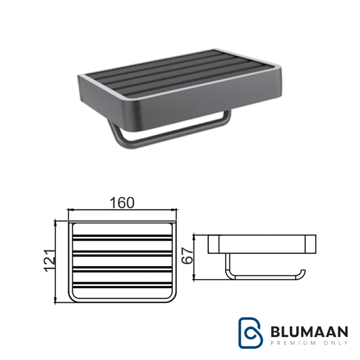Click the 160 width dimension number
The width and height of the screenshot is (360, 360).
tap(122, 203)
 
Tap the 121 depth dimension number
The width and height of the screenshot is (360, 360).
tap(50, 261)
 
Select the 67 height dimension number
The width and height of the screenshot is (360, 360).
tap(187, 256)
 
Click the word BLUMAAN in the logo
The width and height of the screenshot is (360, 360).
tap(309, 332)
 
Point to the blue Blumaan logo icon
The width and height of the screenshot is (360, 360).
tap(251, 333)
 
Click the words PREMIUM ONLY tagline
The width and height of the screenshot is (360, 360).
tap(309, 343)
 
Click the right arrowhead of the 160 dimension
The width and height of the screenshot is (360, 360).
tap(175, 210)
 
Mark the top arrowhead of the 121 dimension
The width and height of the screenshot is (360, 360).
tap(55, 222)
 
